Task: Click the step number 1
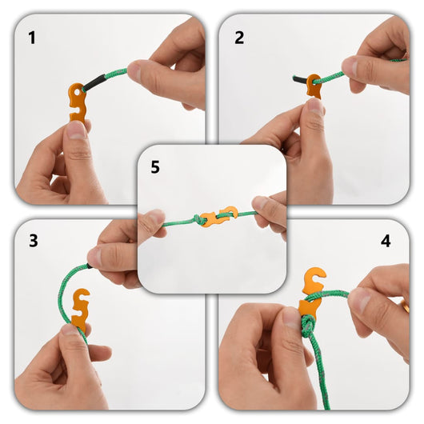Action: click(x=32, y=37)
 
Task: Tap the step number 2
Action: click(x=239, y=37)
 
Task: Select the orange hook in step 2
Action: click(x=314, y=87)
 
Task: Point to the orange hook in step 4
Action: click(x=311, y=292)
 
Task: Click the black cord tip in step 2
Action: click(x=298, y=78)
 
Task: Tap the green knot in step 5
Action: click(x=195, y=218)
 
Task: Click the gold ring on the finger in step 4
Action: click(x=406, y=306)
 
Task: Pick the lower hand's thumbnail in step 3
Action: click(x=72, y=330)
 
